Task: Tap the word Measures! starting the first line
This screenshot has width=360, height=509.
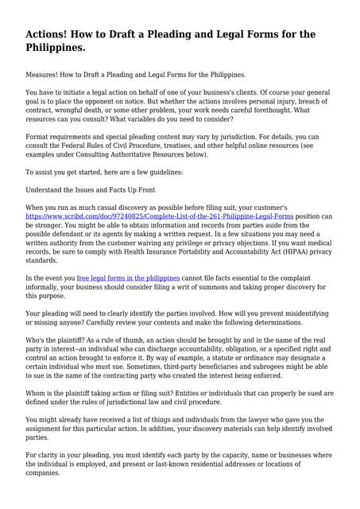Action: tap(45, 74)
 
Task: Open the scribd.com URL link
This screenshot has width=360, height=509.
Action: tap(160, 216)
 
